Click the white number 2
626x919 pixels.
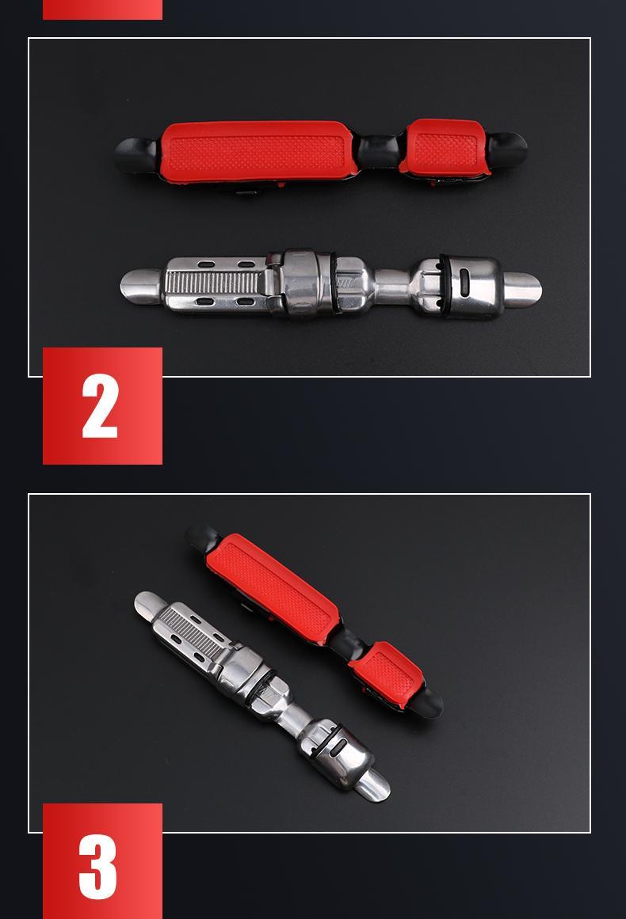pyautogui.click(x=101, y=405)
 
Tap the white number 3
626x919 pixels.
pyautogui.click(x=98, y=866)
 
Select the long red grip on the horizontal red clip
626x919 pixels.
pyautogui.click(x=258, y=151)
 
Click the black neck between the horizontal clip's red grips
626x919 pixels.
pyautogui.click(x=378, y=151)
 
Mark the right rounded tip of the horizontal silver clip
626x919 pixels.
pyautogui.click(x=521, y=289)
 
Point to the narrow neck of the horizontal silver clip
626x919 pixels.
pyautogui.click(x=391, y=287)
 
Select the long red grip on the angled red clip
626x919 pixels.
pyautogui.click(x=273, y=588)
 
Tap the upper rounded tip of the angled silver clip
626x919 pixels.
pyautogui.click(x=149, y=606)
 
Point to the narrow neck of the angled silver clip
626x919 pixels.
pyautogui.click(x=295, y=718)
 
